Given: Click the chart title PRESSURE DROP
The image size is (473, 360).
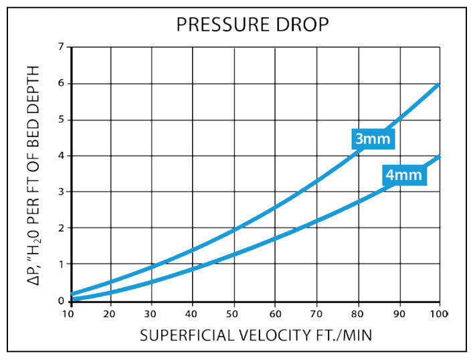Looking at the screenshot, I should tap(252, 25).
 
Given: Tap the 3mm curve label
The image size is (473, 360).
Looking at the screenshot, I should tap(373, 139).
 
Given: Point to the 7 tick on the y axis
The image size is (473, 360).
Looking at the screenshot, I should tap(61, 48).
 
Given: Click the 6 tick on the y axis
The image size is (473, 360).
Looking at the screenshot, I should tap(61, 84).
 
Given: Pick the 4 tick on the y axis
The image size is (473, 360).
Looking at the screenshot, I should tap(61, 156).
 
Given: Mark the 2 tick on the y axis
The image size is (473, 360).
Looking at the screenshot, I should tap(61, 228).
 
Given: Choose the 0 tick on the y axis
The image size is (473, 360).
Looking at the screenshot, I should tap(61, 300).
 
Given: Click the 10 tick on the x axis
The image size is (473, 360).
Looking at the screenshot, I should tap(69, 313).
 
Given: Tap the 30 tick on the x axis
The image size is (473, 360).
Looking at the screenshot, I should tap(152, 313).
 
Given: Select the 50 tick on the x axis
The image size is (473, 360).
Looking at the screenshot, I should tap(234, 313).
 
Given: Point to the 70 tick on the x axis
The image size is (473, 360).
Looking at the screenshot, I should tap(317, 313).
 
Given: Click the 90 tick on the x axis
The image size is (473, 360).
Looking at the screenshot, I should tap(399, 313).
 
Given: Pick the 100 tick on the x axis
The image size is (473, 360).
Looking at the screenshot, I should tap(439, 313).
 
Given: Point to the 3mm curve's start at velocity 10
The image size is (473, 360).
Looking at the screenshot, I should tap(72, 293).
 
